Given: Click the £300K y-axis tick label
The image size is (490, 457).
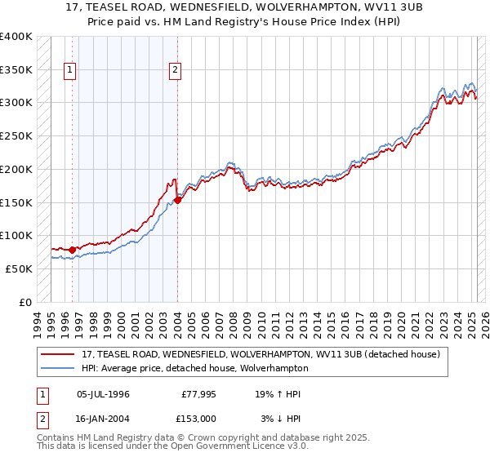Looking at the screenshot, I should (16, 103).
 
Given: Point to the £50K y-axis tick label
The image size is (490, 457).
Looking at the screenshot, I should (19, 268).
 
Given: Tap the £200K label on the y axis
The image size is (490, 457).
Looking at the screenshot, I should (16, 169).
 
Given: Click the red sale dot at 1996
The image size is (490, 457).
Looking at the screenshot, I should (72, 250).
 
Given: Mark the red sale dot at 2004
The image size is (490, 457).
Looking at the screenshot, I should (178, 200).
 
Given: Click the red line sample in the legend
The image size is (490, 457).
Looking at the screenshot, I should (58, 354).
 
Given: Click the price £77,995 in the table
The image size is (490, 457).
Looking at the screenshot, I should (198, 394).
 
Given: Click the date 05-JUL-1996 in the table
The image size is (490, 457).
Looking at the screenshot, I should (103, 394).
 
